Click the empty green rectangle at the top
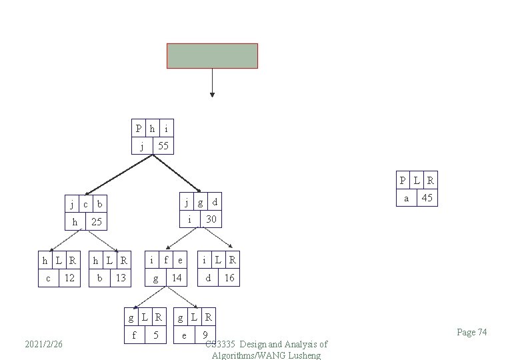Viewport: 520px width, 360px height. tap(212, 56)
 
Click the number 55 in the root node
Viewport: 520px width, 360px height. tap(163, 145)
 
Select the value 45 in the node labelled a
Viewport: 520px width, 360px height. tap(427, 197)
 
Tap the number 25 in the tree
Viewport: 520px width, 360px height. tap(97, 221)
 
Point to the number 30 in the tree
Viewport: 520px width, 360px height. tap(211, 219)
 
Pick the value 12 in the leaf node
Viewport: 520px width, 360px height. tap(69, 277)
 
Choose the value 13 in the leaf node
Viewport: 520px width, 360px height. tap(121, 277)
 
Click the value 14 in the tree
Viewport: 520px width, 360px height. tap(177, 277)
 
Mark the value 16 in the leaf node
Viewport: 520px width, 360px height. tap(229, 277)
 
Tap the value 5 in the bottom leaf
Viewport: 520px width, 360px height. tap(155, 335)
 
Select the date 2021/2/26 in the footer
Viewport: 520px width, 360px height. tap(43, 344)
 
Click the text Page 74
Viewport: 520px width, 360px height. tap(472, 332)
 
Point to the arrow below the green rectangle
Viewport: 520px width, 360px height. tap(212, 83)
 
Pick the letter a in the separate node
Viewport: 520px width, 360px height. tap(406, 197)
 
